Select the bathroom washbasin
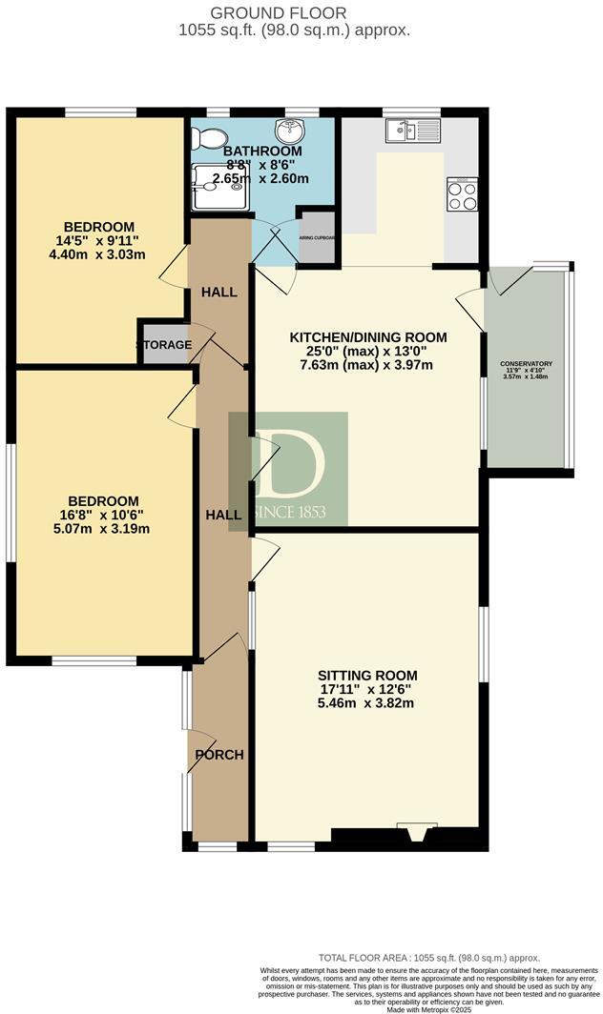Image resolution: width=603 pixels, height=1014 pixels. point(290,132)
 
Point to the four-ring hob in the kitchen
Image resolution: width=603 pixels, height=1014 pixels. point(461,195)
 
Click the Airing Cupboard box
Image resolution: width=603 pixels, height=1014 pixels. point(317,238)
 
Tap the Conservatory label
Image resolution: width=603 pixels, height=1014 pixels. point(527,363)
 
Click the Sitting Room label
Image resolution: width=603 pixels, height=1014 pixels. point(367,676)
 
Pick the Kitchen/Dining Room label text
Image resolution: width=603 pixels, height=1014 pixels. point(367,337)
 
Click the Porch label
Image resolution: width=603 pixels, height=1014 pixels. point(219,755)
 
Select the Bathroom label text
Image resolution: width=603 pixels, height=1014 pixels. point(262,152)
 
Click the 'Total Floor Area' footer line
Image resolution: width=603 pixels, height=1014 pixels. point(429,958)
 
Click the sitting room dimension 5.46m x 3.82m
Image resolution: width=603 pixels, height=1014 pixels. point(367,703)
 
